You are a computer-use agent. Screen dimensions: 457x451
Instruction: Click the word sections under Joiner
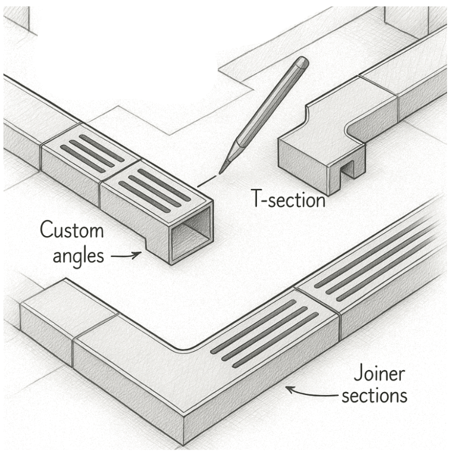coord(374,396)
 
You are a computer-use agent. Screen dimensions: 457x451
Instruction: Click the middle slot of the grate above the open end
coord(152,189)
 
